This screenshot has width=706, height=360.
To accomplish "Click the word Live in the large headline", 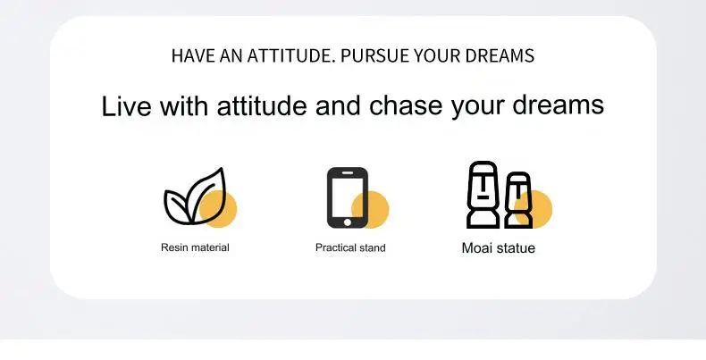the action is coord(127,106).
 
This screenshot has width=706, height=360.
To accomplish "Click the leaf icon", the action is coord(194,197).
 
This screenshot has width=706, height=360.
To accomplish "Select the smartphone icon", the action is coord(347,197).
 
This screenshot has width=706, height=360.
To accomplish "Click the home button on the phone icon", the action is coord(347,222).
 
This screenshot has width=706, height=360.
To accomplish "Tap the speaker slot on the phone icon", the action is coord(347,172).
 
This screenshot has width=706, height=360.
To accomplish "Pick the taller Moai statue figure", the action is coord(483,195).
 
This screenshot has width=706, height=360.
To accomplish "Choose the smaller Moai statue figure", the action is coord(518,200).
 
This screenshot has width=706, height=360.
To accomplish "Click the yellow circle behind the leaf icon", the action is coord(218,209).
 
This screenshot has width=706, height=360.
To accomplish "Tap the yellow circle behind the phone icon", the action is coord(371,210).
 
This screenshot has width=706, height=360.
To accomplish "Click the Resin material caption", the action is coord(195,247).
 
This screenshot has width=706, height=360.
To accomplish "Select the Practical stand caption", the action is coord(350,247).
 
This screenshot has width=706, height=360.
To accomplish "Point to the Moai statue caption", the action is coord(499,248).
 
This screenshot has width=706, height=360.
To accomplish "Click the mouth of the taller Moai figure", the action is coord(483,197).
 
